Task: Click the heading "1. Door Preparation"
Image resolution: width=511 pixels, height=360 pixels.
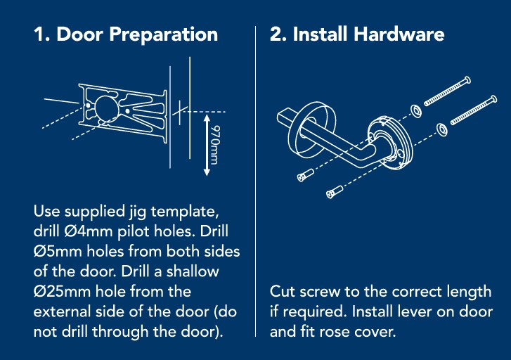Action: [x=126, y=34]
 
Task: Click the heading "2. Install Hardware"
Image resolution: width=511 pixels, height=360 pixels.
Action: [x=357, y=34]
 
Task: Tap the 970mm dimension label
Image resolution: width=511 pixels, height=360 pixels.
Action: [x=215, y=145]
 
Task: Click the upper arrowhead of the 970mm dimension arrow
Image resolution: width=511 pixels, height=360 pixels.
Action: [x=207, y=117]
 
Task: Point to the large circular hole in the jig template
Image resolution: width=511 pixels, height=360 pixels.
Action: [x=107, y=108]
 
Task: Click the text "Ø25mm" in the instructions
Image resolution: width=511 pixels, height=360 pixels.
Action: [x=62, y=291]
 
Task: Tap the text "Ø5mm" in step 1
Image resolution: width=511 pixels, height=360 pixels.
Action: [x=58, y=252]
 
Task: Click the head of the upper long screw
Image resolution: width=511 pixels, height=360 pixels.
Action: [x=467, y=80]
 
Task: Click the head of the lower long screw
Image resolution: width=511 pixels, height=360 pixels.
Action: [x=493, y=99]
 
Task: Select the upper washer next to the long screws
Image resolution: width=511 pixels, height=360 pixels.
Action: [x=416, y=111]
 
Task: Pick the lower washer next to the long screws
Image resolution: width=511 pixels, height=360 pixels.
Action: [x=441, y=129]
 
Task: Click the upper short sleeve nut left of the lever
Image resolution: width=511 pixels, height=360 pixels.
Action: [x=305, y=175]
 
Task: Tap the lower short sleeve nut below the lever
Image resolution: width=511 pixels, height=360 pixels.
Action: [x=335, y=192]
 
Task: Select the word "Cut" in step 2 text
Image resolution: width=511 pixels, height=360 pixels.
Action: [x=283, y=292]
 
